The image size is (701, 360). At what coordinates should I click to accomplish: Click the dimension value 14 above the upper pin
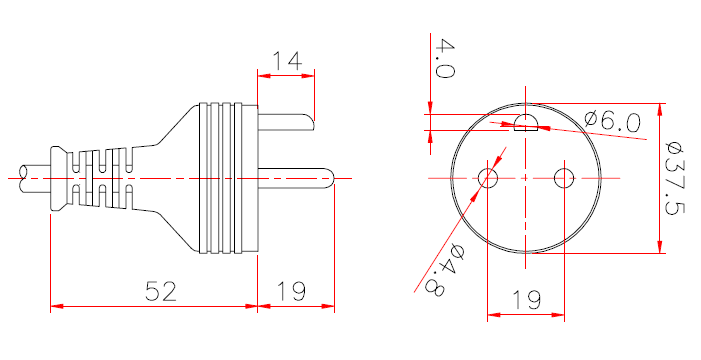(287, 61)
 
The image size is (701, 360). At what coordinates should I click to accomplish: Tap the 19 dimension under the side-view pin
(291, 291)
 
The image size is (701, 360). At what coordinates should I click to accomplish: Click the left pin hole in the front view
(489, 178)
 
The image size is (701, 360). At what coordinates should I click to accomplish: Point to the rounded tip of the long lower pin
(329, 179)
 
